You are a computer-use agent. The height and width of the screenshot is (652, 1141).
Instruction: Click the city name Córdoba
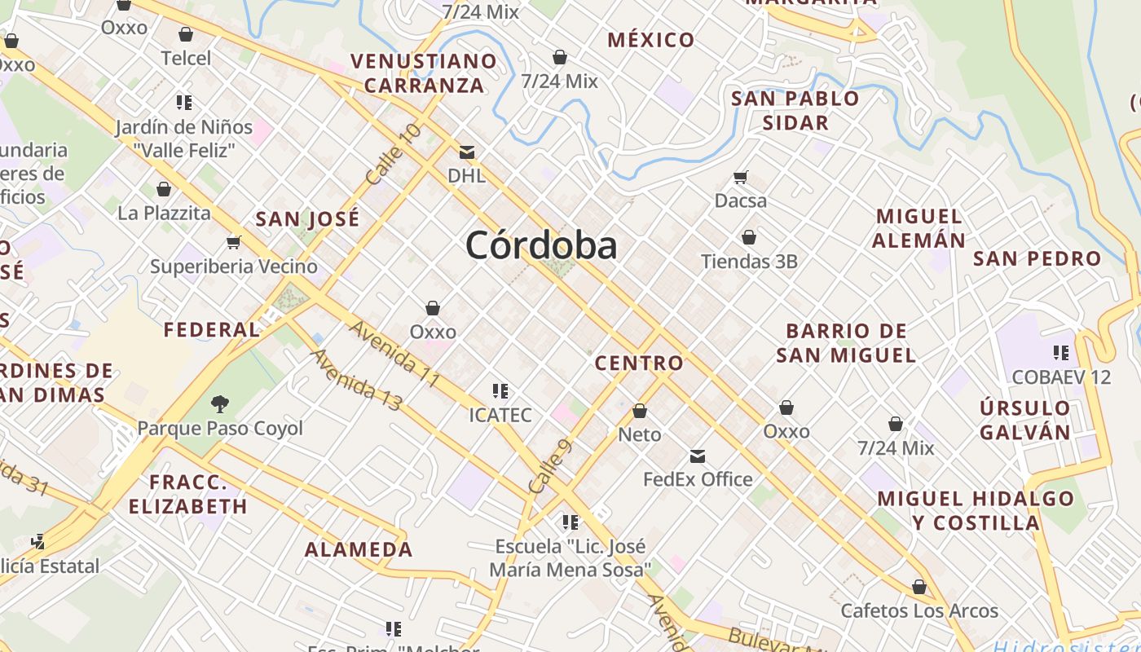pos(541,244)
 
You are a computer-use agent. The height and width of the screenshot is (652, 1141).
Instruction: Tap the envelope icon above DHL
pos(467,152)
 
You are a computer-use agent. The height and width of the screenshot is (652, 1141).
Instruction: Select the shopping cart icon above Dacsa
pos(741,177)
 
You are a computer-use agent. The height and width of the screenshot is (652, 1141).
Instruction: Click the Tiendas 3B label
pos(749,262)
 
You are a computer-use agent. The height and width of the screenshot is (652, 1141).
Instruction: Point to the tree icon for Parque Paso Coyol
pos(219,403)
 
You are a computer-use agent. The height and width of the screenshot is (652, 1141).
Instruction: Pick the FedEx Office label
pos(698,479)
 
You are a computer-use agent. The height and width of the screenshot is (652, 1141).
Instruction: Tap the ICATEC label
pos(500,415)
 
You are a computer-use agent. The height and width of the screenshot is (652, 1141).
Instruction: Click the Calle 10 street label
pos(394,153)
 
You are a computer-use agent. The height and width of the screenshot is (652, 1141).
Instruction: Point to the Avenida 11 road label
pos(395,355)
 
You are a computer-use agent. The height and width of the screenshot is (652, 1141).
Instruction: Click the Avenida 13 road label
pos(357,380)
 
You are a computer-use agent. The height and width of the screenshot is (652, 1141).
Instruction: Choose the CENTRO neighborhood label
pos(639,363)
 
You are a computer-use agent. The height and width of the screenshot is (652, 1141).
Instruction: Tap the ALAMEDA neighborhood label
pos(359,549)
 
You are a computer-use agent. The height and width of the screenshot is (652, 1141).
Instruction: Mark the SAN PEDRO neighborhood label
pos(1037,259)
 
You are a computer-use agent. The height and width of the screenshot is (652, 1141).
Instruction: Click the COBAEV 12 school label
pos(1061,377)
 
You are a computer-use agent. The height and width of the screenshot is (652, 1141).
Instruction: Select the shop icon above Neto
pos(640,411)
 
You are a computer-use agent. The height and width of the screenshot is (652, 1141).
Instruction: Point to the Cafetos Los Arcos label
pos(919,610)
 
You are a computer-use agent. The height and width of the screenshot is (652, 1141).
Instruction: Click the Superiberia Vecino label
pos(234,267)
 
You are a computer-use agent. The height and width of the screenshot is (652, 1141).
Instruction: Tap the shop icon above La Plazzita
pos(164,189)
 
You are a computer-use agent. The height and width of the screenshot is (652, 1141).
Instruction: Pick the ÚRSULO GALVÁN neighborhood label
pos(1025,420)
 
